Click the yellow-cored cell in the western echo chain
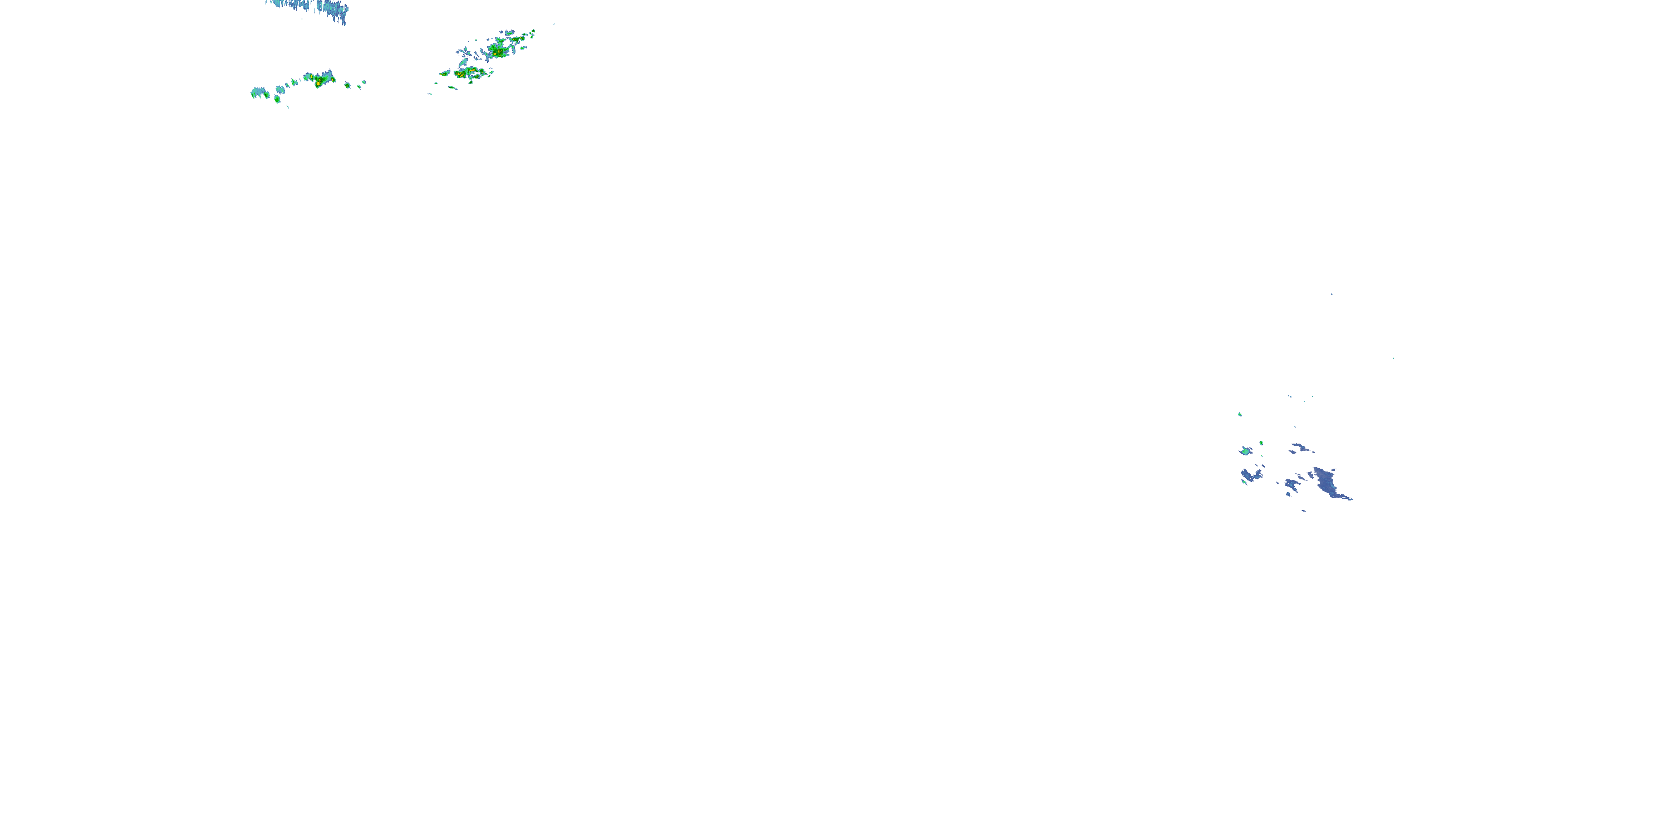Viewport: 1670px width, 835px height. (320, 80)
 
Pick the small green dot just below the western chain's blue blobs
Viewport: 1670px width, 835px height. (277, 99)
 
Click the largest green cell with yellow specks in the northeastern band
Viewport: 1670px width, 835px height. (499, 48)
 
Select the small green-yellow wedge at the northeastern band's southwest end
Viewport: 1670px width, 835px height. (445, 73)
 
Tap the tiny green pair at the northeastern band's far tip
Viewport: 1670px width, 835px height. (532, 31)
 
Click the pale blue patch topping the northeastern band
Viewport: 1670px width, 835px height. (508, 32)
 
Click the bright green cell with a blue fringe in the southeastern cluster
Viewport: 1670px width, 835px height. (1245, 450)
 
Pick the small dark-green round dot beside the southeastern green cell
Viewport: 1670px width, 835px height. (1261, 443)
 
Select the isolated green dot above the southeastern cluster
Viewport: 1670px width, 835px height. (1240, 414)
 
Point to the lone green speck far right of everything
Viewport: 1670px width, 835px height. (1393, 358)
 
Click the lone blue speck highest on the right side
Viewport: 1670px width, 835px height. (1332, 294)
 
